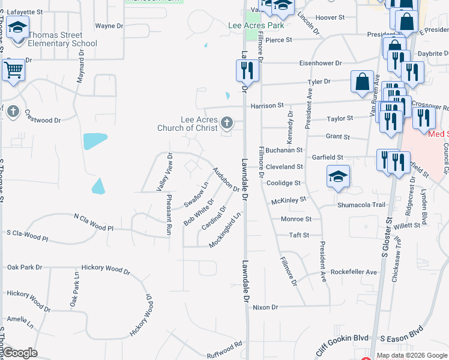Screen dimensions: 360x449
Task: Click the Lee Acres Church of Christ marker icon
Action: (x=226, y=123)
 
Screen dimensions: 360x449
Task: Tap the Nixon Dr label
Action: (x=265, y=307)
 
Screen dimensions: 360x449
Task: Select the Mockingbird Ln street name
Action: (x=229, y=229)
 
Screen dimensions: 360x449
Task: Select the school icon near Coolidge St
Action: (x=338, y=176)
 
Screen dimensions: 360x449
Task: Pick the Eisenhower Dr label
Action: (x=321, y=63)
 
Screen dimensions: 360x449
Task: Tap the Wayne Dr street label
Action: (x=109, y=26)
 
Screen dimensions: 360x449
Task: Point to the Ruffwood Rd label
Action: (x=224, y=348)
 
